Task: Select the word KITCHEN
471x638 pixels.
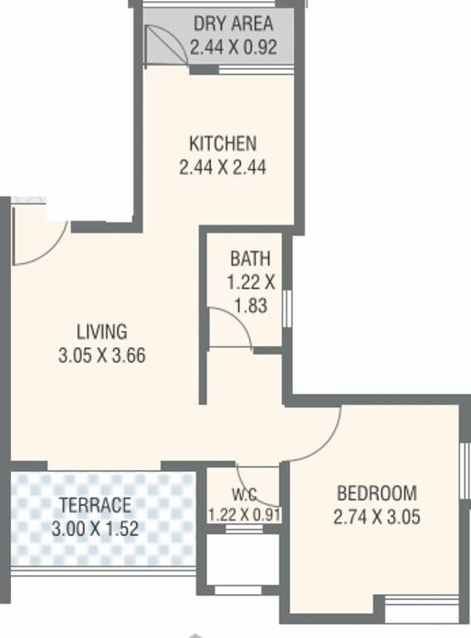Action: pyautogui.click(x=222, y=143)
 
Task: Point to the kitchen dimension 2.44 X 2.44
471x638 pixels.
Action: pyautogui.click(x=222, y=168)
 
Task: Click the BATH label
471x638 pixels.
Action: pyautogui.click(x=250, y=259)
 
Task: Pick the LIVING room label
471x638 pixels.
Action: pyautogui.click(x=103, y=331)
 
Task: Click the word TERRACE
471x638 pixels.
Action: pyautogui.click(x=95, y=504)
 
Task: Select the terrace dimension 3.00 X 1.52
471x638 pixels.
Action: pyautogui.click(x=95, y=528)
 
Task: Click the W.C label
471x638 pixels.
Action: pyautogui.click(x=244, y=496)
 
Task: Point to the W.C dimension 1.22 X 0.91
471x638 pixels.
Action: pyautogui.click(x=244, y=514)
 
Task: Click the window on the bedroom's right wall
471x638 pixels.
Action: pyautogui.click(x=464, y=473)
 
